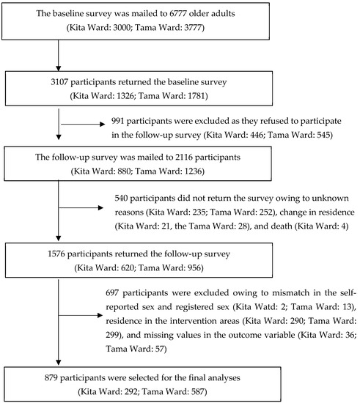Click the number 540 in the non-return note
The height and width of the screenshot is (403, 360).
click(x=125, y=198)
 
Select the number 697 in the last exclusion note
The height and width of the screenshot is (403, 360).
click(x=125, y=292)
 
